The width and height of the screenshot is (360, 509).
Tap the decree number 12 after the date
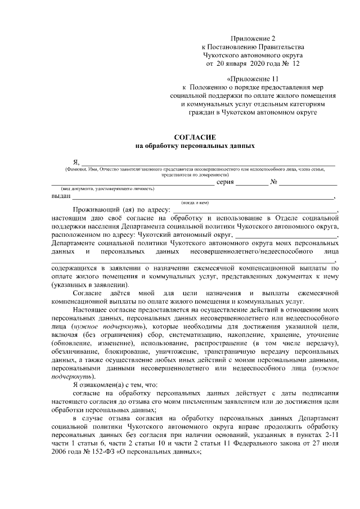tap(297, 64)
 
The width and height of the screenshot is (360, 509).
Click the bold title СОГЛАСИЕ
tap(195, 137)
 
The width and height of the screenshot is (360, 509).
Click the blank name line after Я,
tap(208, 164)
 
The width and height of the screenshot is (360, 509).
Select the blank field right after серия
tap(251, 183)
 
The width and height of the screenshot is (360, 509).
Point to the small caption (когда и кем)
tap(195, 202)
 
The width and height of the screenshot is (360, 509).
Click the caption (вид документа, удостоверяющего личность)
tap(100, 189)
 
